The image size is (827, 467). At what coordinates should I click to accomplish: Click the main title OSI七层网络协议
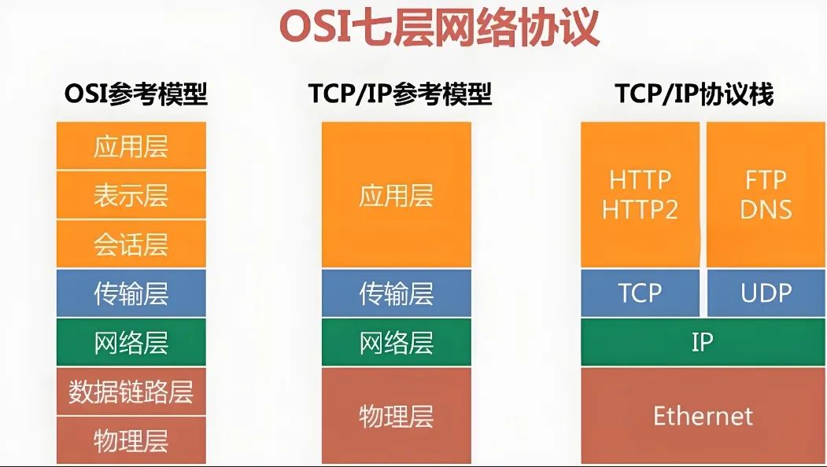click(439, 27)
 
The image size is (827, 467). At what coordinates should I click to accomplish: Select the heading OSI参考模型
click(136, 94)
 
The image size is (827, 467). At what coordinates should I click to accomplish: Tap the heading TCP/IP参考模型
click(401, 94)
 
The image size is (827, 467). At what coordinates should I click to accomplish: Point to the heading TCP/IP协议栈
click(694, 94)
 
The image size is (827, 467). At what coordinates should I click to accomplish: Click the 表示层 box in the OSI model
click(131, 195)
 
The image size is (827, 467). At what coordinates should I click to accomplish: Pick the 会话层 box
click(131, 244)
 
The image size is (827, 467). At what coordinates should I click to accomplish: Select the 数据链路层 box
click(131, 392)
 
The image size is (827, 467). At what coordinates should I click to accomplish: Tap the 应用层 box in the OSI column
click(131, 146)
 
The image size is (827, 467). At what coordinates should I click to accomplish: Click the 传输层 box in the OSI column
click(131, 293)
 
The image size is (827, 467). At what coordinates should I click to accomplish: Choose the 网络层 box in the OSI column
click(131, 342)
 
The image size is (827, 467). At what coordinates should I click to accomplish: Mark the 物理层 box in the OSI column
click(131, 440)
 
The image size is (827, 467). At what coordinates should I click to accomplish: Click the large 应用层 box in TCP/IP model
click(397, 195)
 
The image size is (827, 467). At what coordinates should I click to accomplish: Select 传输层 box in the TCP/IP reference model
click(397, 293)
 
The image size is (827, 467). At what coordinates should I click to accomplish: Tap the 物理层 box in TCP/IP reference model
click(397, 416)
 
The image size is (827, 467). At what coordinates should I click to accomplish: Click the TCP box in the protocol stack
click(641, 293)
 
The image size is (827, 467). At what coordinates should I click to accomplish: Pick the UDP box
click(766, 293)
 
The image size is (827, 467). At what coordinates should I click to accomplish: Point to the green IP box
click(703, 342)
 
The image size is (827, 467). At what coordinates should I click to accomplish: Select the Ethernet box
click(703, 416)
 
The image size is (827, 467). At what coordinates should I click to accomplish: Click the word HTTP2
click(640, 210)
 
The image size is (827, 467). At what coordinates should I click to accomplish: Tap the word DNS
click(766, 210)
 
